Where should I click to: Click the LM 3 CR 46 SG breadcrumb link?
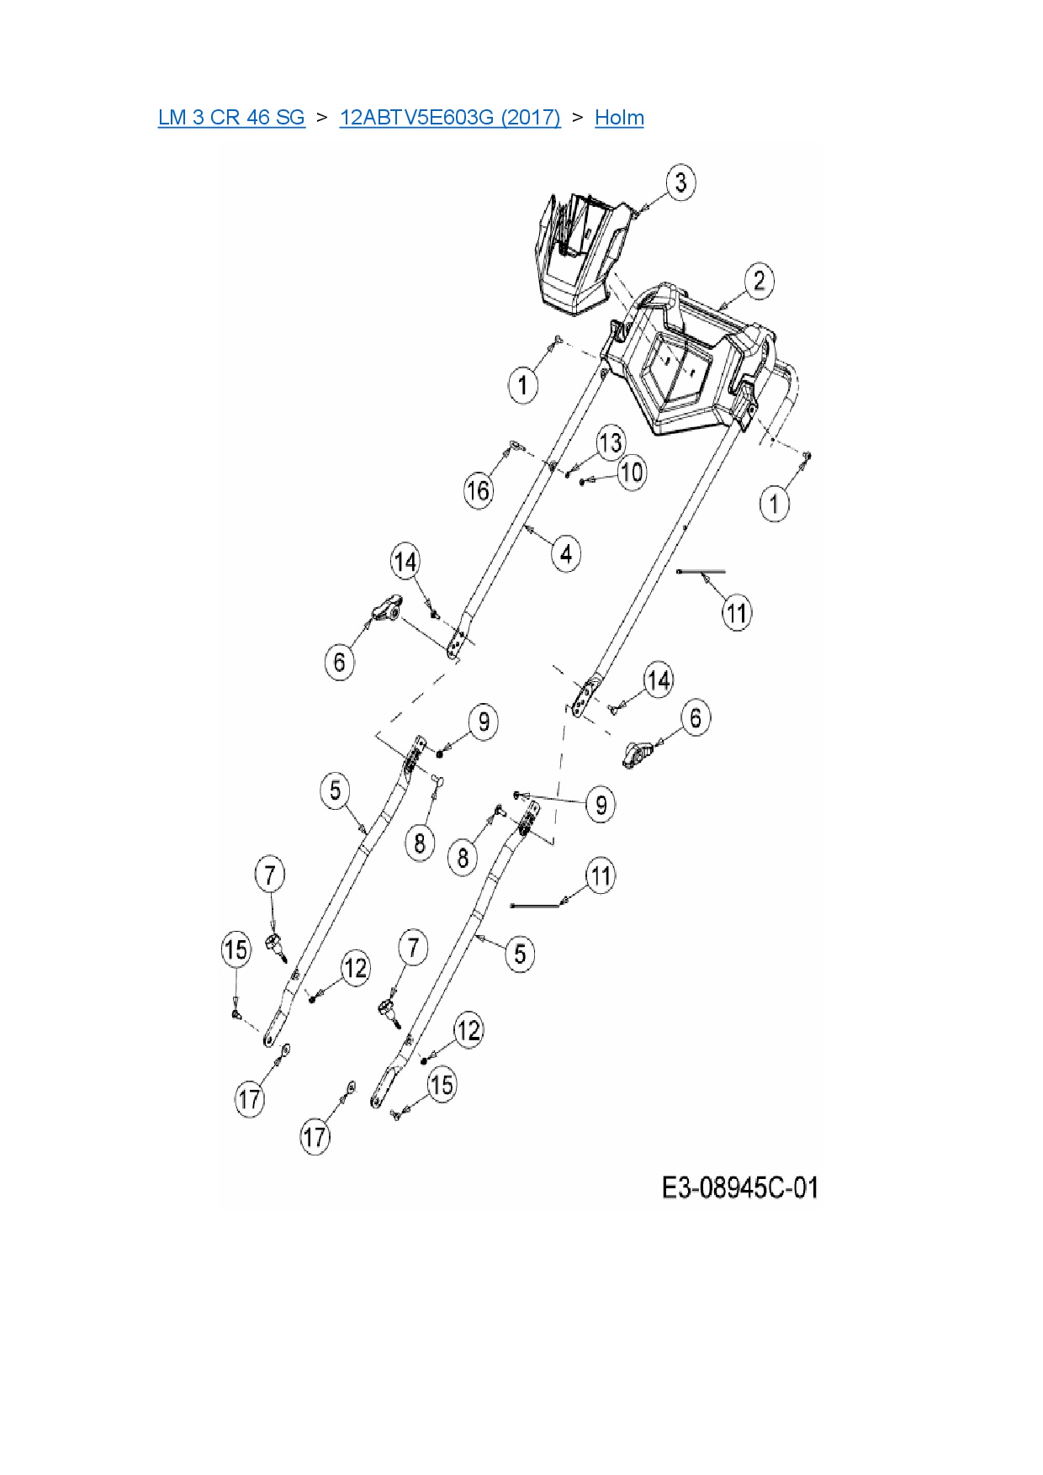[231, 117]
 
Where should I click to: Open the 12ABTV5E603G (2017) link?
[450, 117]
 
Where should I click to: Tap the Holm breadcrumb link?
[619, 117]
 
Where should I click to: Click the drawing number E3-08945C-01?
[739, 1187]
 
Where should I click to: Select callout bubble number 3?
[681, 182]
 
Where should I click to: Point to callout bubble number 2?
[759, 281]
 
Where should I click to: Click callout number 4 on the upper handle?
[566, 554]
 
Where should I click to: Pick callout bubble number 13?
[611, 442]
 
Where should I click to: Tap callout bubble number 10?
[631, 473]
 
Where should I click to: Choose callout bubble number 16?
[478, 490]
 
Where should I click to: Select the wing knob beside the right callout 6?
[639, 753]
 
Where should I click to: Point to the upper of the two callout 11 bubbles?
[737, 613]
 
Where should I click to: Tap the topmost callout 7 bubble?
[269, 875]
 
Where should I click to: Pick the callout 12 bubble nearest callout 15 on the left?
[356, 968]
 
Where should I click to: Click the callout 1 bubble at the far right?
[775, 505]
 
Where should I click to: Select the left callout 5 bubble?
[336, 790]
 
